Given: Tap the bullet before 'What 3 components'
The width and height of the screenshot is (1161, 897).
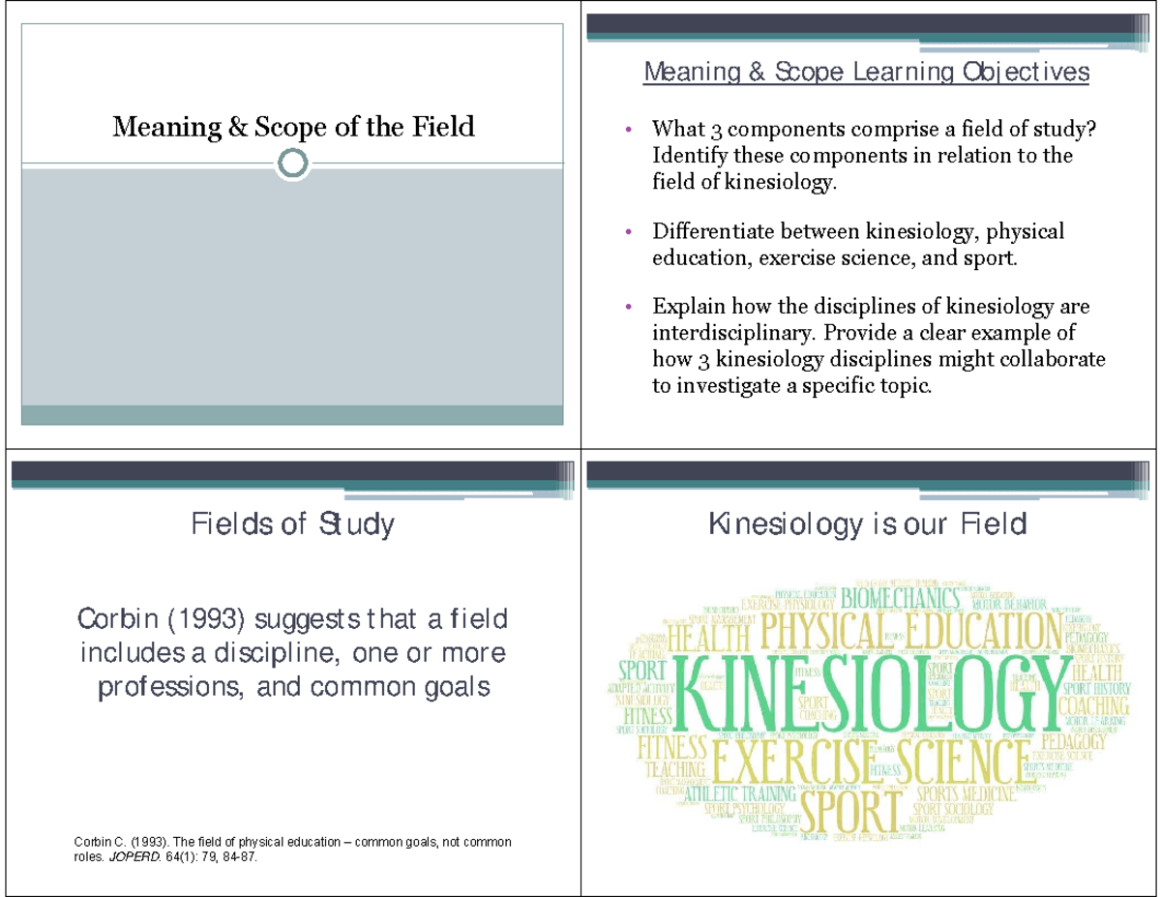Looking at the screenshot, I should pos(629,130).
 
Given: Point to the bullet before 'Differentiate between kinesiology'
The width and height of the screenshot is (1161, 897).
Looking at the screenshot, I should pos(629,232).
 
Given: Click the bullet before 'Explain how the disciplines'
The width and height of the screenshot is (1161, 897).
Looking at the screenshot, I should pos(629,308).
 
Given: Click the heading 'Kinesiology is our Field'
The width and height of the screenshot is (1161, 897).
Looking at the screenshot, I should pos(867,525).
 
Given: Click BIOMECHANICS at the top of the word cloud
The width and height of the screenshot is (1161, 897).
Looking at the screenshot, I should pos(901,597).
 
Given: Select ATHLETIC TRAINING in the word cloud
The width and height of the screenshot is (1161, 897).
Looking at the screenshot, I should pos(740,793).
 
